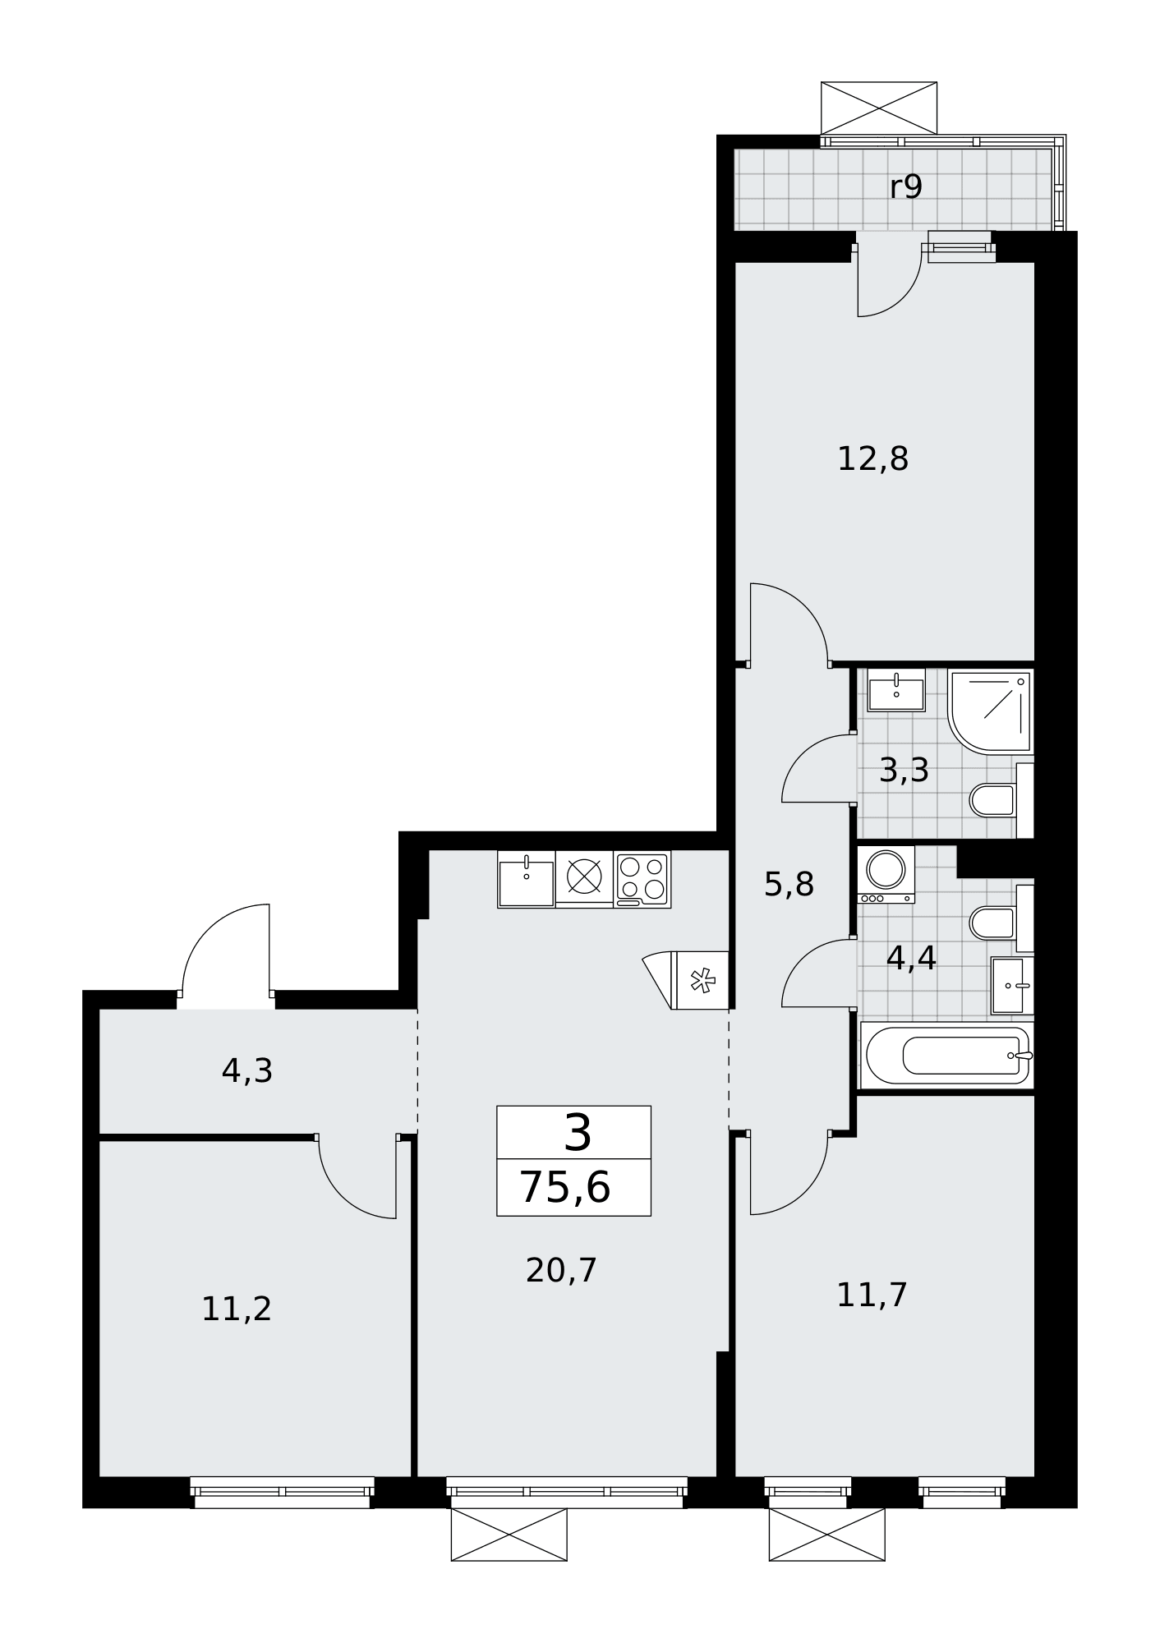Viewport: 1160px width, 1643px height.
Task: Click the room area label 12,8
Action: [x=872, y=459]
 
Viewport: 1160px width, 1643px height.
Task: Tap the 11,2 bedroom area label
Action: [x=237, y=1309]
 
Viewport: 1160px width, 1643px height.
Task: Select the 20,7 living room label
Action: [x=561, y=1271]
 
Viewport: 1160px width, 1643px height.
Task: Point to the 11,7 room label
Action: [x=872, y=1296]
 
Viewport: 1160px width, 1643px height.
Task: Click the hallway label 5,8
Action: [x=789, y=885]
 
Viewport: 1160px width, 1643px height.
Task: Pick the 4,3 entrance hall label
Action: [x=247, y=1071]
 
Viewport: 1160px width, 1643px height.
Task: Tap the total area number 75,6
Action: [x=565, y=1188]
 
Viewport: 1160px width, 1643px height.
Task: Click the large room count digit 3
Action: [x=578, y=1134]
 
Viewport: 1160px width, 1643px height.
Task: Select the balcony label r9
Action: [x=906, y=188]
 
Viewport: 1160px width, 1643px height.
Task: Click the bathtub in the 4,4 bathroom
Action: [x=948, y=1056]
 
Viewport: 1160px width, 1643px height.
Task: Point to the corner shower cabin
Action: [x=991, y=711]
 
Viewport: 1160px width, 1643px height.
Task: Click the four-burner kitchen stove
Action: [x=642, y=879]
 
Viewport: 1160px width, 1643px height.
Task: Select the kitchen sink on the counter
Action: [x=526, y=879]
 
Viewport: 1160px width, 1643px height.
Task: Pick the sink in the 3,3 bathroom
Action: [x=896, y=690]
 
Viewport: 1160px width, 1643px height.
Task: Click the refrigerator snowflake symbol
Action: [x=701, y=980]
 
